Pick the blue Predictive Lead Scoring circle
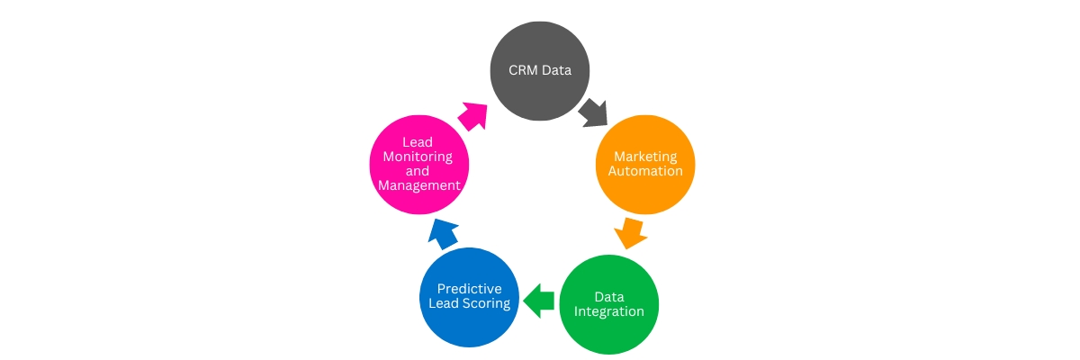pyautogui.click(x=469, y=296)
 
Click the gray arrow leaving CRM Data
pyautogui.click(x=591, y=112)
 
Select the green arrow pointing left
pyautogui.click(x=538, y=299)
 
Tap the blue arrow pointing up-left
pyautogui.click(x=443, y=233)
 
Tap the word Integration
pyautogui.click(x=609, y=311)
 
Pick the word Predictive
pyautogui.click(x=469, y=288)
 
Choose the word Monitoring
pyautogui.click(x=419, y=156)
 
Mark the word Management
pyautogui.click(x=419, y=184)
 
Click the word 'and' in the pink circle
pyautogui.click(x=419, y=170)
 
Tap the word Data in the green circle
pyautogui.click(x=609, y=296)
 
